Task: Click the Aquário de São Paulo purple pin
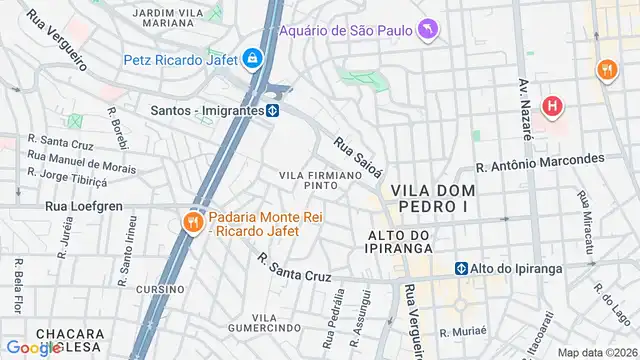[429, 31]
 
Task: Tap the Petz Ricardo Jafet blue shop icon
[253, 59]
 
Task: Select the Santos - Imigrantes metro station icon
[271, 110]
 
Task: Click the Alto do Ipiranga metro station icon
[462, 268]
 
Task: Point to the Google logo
[33, 347]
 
